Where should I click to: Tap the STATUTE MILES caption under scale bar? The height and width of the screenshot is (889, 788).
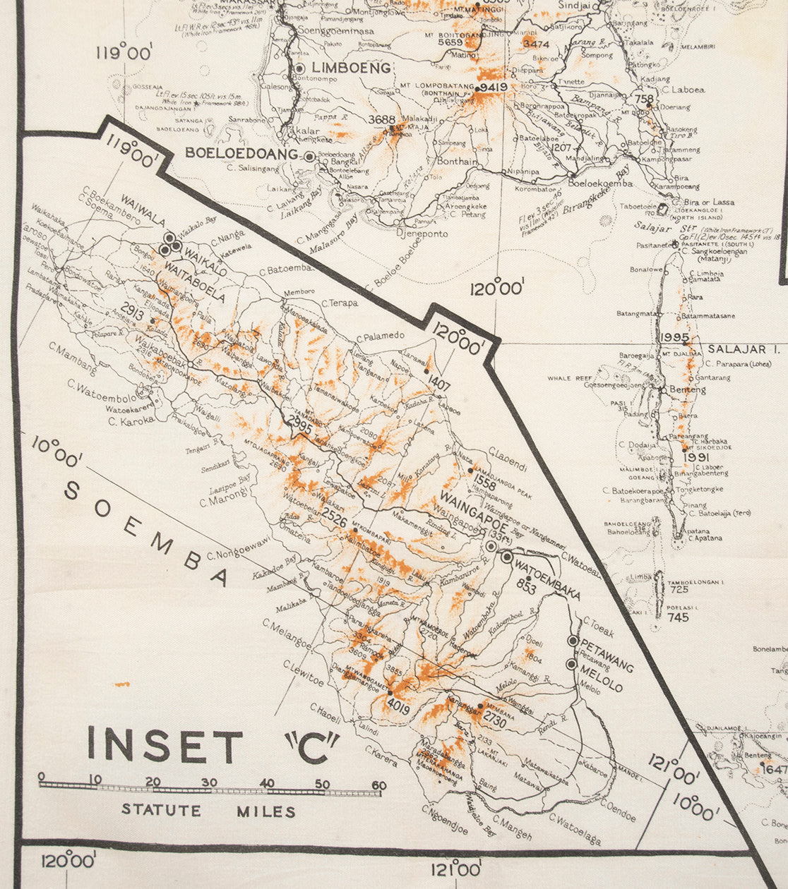[208, 811]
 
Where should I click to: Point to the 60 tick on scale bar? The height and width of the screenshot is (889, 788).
[379, 784]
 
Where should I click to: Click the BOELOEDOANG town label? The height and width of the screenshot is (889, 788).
[241, 153]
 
